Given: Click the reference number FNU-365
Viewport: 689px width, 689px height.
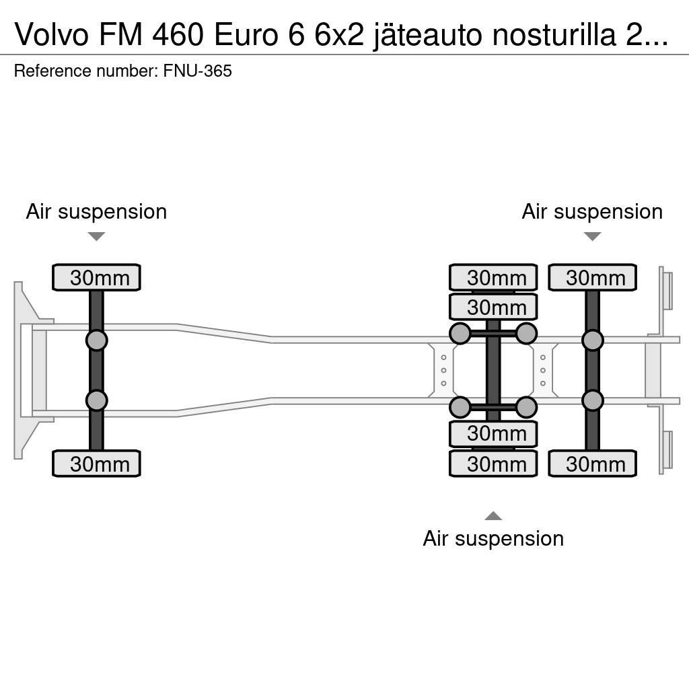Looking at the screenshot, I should [x=197, y=71].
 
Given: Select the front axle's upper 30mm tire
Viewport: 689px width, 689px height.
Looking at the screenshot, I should [x=96, y=277].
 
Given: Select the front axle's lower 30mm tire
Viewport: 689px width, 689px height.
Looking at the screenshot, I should [x=96, y=464].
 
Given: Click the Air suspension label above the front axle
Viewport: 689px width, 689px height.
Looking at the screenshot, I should [x=96, y=211].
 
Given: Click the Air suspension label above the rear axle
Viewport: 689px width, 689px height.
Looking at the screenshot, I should [x=592, y=211].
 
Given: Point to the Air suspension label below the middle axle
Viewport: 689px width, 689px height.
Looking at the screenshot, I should [x=493, y=538].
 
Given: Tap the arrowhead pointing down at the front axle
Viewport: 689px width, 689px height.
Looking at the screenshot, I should [x=96, y=236].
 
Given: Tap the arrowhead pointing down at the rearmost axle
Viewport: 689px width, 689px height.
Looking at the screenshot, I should [x=592, y=236].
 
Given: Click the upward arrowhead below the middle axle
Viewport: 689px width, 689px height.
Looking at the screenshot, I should [x=493, y=516].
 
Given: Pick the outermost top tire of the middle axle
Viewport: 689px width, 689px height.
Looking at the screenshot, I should [x=493, y=277].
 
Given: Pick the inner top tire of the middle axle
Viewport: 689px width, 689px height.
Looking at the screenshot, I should [x=493, y=307].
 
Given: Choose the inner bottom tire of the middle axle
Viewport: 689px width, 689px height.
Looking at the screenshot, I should [x=493, y=434].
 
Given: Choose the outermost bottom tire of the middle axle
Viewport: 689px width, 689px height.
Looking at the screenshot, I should [x=493, y=464].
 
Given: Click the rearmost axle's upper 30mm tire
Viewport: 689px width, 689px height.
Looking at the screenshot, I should [x=592, y=277].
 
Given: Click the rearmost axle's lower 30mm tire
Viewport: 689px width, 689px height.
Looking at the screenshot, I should [x=592, y=464].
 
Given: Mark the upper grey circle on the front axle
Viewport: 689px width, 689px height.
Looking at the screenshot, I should [x=96, y=340].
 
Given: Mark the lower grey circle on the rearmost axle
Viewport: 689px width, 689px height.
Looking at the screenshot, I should [x=592, y=400].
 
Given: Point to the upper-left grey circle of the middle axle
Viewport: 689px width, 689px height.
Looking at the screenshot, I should [x=460, y=333].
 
